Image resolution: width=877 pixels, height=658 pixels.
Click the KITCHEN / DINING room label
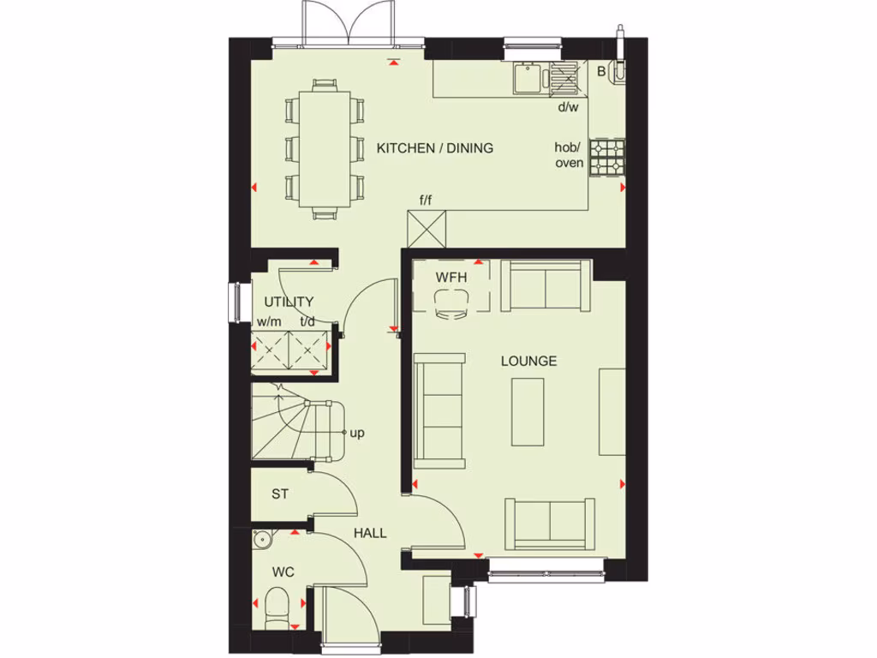(x=435, y=148)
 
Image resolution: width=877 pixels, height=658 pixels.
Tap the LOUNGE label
(x=528, y=361)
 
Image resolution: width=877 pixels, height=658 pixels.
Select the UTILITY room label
(x=289, y=302)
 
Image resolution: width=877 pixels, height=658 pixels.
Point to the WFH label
(x=450, y=278)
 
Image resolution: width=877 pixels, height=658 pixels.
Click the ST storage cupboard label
(x=280, y=493)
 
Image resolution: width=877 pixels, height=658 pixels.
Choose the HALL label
(x=370, y=533)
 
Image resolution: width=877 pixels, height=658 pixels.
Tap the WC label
(x=283, y=571)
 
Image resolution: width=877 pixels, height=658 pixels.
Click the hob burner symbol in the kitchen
(x=608, y=158)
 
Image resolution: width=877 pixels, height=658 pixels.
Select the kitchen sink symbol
(x=527, y=79)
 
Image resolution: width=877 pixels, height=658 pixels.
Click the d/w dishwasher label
(x=569, y=107)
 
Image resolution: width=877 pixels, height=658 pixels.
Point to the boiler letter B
(x=601, y=71)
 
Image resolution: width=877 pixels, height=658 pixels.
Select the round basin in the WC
(x=263, y=540)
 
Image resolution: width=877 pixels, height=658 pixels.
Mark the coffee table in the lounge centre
(x=528, y=412)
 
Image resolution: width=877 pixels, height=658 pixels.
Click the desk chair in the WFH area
(x=451, y=302)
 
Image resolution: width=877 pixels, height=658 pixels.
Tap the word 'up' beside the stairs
(x=357, y=433)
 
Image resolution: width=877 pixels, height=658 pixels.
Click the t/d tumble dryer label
(x=307, y=321)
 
